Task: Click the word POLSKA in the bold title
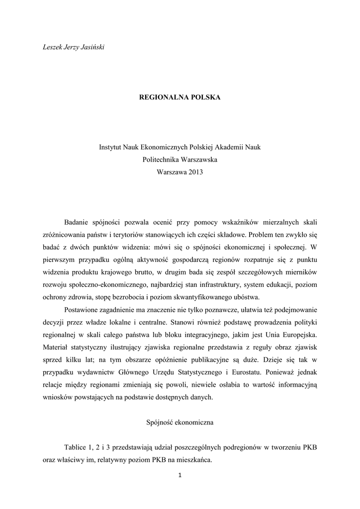(202, 97)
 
